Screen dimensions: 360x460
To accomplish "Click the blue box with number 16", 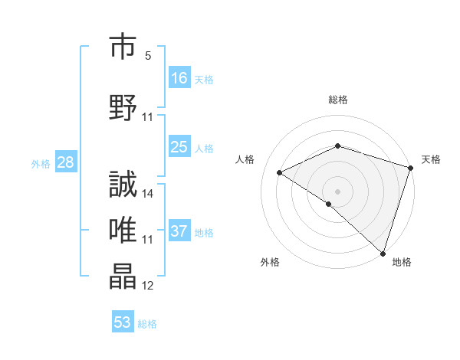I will (179, 78).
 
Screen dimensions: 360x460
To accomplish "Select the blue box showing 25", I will (179, 148).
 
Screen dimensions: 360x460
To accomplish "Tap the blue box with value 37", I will (179, 231).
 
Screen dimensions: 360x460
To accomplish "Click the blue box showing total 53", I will (123, 322).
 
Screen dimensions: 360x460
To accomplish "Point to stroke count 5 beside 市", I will (148, 56).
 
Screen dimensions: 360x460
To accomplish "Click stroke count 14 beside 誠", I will (149, 193).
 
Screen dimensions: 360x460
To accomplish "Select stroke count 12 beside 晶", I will (148, 286).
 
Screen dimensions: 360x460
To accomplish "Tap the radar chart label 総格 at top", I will (337, 100).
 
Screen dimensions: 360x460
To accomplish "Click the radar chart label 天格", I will (431, 159).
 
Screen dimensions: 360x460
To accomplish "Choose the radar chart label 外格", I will (270, 263).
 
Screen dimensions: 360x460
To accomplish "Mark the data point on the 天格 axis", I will (411, 167).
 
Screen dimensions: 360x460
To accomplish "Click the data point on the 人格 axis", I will (280, 172).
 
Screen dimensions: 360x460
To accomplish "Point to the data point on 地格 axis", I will (383, 252).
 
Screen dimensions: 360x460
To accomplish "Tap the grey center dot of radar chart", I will (337, 191).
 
